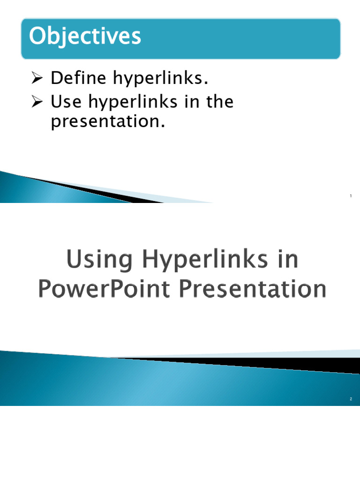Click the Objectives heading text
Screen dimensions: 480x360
(x=85, y=37)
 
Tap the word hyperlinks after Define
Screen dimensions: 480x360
(x=159, y=80)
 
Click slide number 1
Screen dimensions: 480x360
(x=351, y=196)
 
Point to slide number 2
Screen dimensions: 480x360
(x=351, y=399)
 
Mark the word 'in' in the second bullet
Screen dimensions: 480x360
(x=184, y=102)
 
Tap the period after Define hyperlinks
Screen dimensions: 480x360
(x=205, y=83)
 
